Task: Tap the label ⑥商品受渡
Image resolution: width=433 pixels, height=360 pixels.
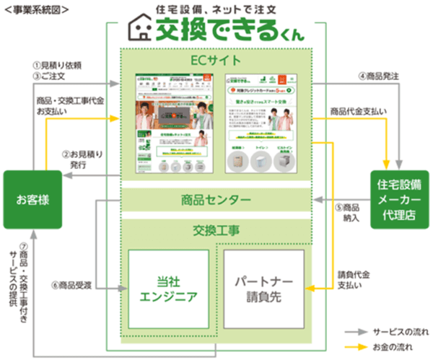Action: (74, 284)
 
